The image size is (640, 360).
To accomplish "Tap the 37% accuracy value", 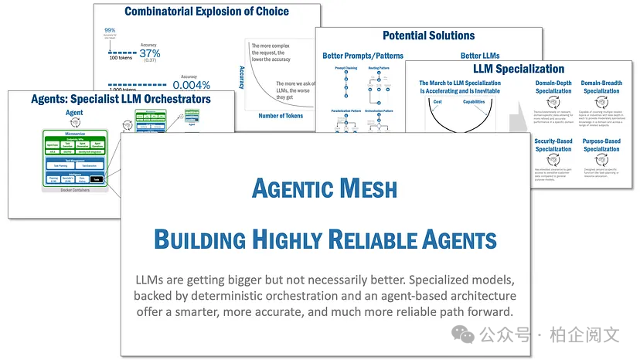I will (x=150, y=54).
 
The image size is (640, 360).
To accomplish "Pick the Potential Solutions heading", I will (x=428, y=36).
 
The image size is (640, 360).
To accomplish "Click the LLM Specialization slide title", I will (x=519, y=69).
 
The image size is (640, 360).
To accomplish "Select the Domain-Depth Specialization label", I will (x=553, y=87).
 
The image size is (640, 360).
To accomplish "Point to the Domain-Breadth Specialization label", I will (x=601, y=87).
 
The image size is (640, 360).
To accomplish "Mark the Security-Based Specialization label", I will (x=553, y=145).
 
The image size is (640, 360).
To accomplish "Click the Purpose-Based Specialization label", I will (x=601, y=145).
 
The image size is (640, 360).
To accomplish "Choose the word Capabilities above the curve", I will (x=474, y=102).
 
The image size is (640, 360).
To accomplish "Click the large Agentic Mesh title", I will (x=325, y=188).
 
